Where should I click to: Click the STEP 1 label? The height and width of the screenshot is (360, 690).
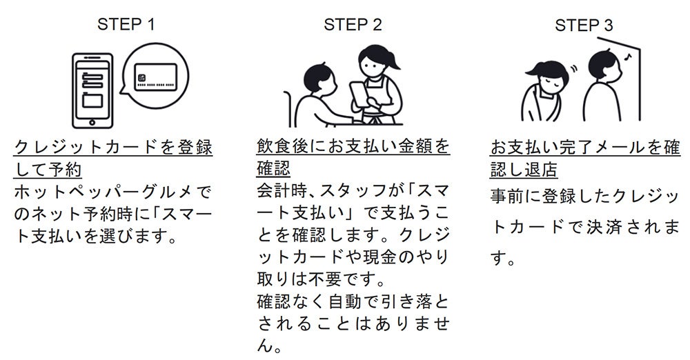click(126, 26)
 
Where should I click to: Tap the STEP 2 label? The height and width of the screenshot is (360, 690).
click(353, 26)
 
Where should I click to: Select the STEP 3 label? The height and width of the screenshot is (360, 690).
click(584, 26)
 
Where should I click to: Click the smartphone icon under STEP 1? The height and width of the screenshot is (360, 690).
click(92, 88)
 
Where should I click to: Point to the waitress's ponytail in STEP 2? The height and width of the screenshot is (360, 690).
click(395, 63)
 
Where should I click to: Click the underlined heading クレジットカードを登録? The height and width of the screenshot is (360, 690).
click(113, 148)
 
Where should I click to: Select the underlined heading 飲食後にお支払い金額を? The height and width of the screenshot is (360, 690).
click(352, 148)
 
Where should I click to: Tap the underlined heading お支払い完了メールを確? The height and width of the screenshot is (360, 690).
click(584, 148)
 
